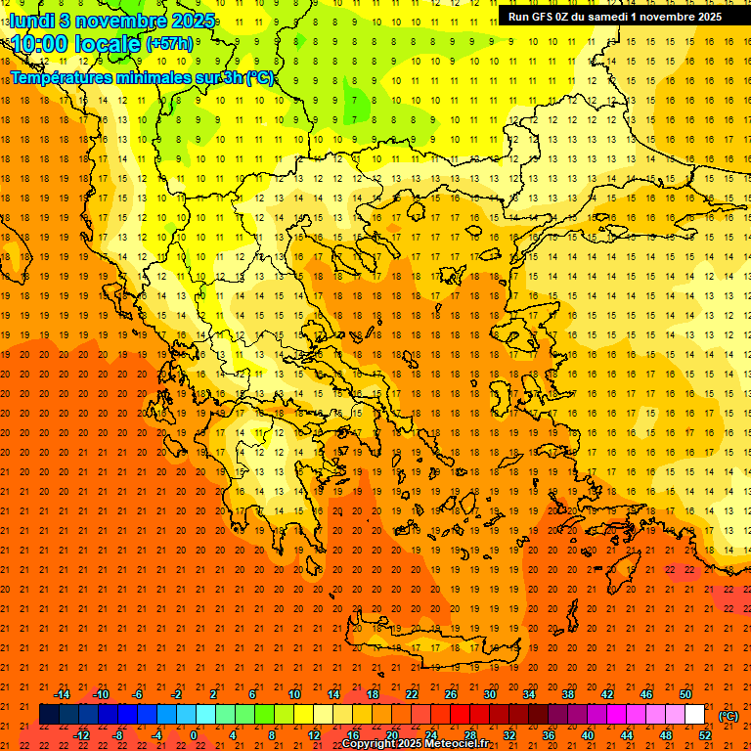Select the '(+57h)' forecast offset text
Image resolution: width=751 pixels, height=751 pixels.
[x=169, y=44]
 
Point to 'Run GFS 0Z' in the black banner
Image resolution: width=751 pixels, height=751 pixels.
[x=541, y=16]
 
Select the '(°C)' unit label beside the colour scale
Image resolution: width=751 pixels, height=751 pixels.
[x=729, y=716]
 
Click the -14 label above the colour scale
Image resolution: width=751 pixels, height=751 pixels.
[x=63, y=694]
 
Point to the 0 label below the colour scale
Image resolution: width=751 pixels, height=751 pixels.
[x=194, y=735]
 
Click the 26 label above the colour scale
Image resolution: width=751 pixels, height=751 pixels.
[x=450, y=694]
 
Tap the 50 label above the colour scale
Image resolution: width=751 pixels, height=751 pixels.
[x=685, y=694]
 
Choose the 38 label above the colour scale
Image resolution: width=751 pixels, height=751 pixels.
[x=567, y=694]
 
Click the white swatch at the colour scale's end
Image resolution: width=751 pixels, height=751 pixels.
[x=694, y=715]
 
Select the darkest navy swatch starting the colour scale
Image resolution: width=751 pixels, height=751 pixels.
[x=49, y=715]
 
